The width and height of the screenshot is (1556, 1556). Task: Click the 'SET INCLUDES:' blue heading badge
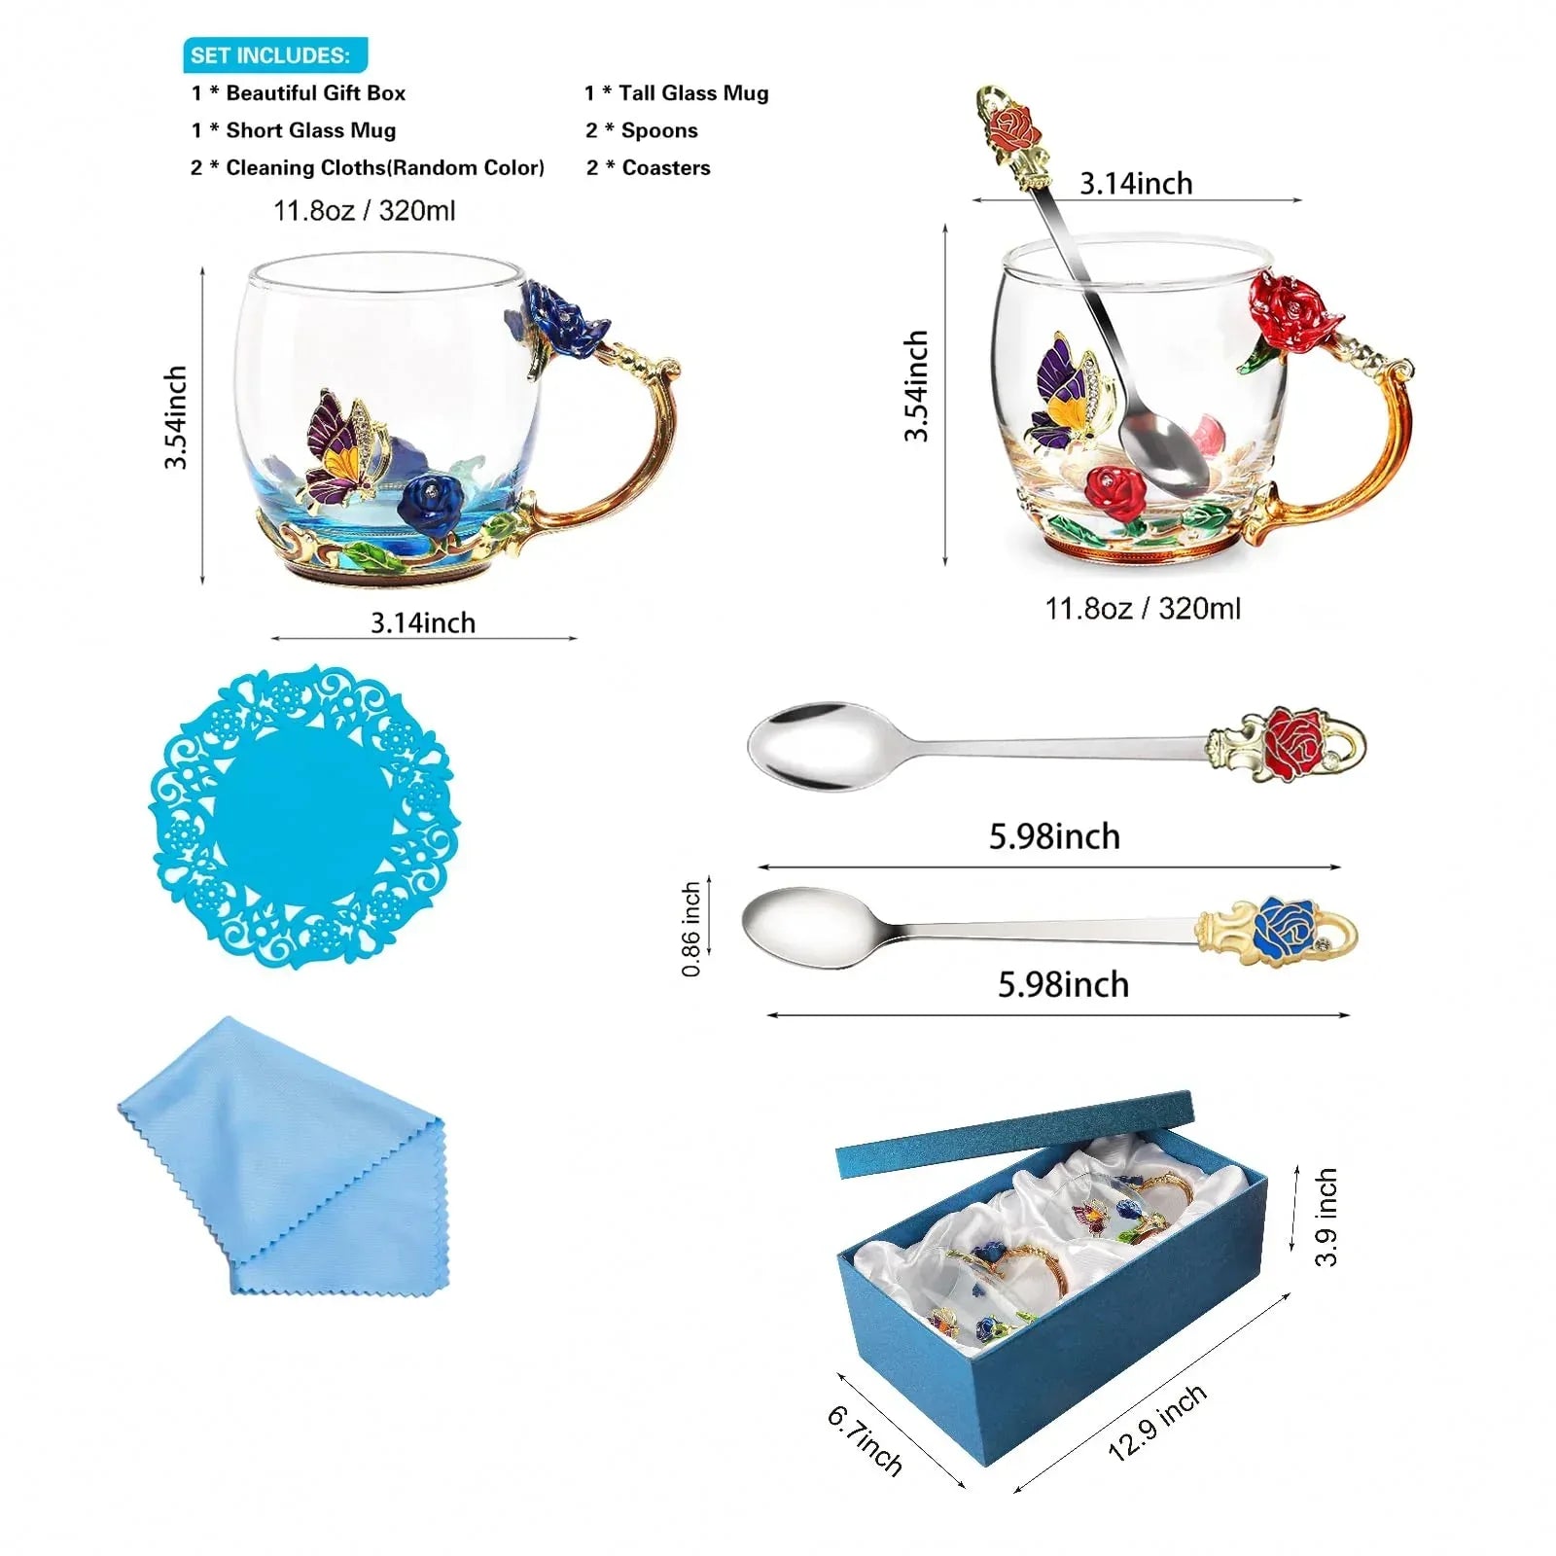click(x=275, y=55)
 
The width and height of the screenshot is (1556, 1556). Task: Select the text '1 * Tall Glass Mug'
click(x=677, y=93)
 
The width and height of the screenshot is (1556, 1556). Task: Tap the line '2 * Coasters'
click(x=649, y=168)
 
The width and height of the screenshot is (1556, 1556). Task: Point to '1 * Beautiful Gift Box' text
click(x=299, y=93)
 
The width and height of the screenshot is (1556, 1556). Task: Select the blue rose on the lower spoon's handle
click(x=1286, y=928)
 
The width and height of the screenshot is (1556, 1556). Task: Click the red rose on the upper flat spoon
click(x=1293, y=743)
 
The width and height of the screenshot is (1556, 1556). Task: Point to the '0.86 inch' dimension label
click(x=691, y=929)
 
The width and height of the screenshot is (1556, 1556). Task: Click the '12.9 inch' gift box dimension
click(x=1157, y=1422)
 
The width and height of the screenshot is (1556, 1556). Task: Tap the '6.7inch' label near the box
click(x=865, y=1439)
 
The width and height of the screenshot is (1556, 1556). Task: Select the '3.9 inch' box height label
click(x=1326, y=1217)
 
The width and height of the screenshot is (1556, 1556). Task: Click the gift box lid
click(x=1014, y=1133)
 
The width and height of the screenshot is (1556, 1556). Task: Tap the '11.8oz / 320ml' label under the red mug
click(x=1143, y=609)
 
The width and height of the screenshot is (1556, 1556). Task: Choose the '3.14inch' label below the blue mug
click(x=423, y=622)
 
